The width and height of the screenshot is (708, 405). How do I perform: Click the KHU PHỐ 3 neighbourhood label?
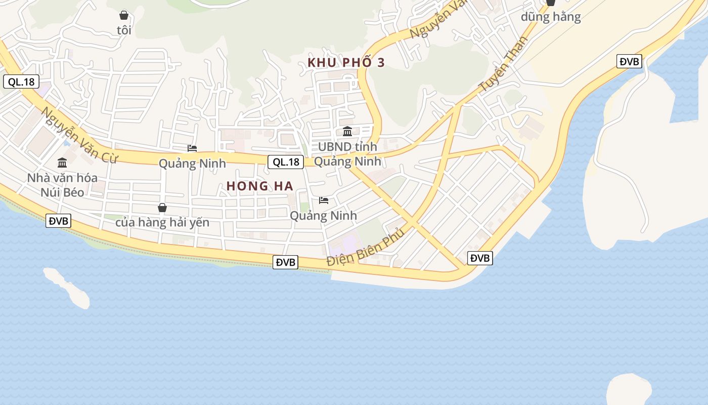tap(346, 62)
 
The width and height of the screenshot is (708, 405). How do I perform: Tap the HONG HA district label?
tap(260, 186)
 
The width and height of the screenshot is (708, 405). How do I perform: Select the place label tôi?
tap(124, 30)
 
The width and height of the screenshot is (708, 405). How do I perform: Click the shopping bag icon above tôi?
tap(124, 15)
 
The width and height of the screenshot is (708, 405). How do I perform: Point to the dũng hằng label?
tap(551, 17)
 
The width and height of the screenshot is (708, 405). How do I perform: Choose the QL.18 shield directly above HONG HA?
tap(286, 162)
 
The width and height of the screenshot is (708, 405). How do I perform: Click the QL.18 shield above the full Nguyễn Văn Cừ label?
tap(21, 82)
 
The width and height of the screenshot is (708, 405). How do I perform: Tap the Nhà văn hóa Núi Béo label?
tap(62, 185)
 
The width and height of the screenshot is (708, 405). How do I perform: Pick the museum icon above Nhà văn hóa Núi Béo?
tap(62, 163)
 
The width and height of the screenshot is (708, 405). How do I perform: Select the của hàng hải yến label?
tap(162, 223)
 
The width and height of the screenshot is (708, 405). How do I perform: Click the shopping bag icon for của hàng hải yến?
tap(162, 208)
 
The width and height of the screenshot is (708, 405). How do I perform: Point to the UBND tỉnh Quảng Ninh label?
tap(347, 154)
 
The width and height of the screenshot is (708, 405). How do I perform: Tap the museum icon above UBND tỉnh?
tap(347, 132)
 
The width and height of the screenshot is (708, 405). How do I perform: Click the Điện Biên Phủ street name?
tap(366, 248)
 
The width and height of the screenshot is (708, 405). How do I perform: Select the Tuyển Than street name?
tap(503, 64)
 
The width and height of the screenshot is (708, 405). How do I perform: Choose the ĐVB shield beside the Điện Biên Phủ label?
tap(285, 262)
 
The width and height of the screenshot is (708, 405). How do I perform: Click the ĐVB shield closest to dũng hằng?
tap(630, 62)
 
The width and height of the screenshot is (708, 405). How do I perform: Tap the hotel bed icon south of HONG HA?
tap(324, 200)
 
